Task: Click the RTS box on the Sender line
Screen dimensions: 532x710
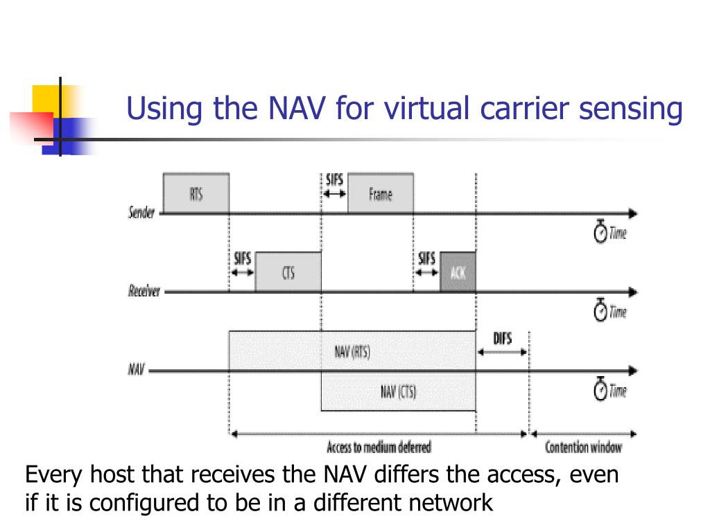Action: click(196, 194)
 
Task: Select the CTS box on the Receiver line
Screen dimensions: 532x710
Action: click(288, 272)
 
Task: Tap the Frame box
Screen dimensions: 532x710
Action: click(381, 194)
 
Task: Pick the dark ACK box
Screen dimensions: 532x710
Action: click(458, 272)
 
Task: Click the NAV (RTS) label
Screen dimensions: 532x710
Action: click(352, 352)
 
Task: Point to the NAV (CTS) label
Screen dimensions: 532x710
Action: click(398, 393)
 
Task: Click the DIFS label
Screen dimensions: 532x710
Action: click(503, 339)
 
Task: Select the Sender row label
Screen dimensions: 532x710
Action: click(142, 213)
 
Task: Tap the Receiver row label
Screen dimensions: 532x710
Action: click(144, 291)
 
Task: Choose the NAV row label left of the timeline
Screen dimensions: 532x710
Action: click(136, 369)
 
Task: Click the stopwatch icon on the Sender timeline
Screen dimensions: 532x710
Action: click(600, 233)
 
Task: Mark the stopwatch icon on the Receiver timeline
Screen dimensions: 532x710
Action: click(600, 312)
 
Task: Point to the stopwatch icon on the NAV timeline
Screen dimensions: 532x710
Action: click(600, 391)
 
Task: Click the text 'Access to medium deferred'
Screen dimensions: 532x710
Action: click(379, 447)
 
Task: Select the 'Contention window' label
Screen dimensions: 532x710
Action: click(583, 447)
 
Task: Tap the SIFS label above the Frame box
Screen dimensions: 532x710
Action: click(334, 180)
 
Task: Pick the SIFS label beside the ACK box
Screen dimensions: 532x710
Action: click(426, 258)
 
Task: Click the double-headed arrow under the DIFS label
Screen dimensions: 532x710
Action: click(503, 351)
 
